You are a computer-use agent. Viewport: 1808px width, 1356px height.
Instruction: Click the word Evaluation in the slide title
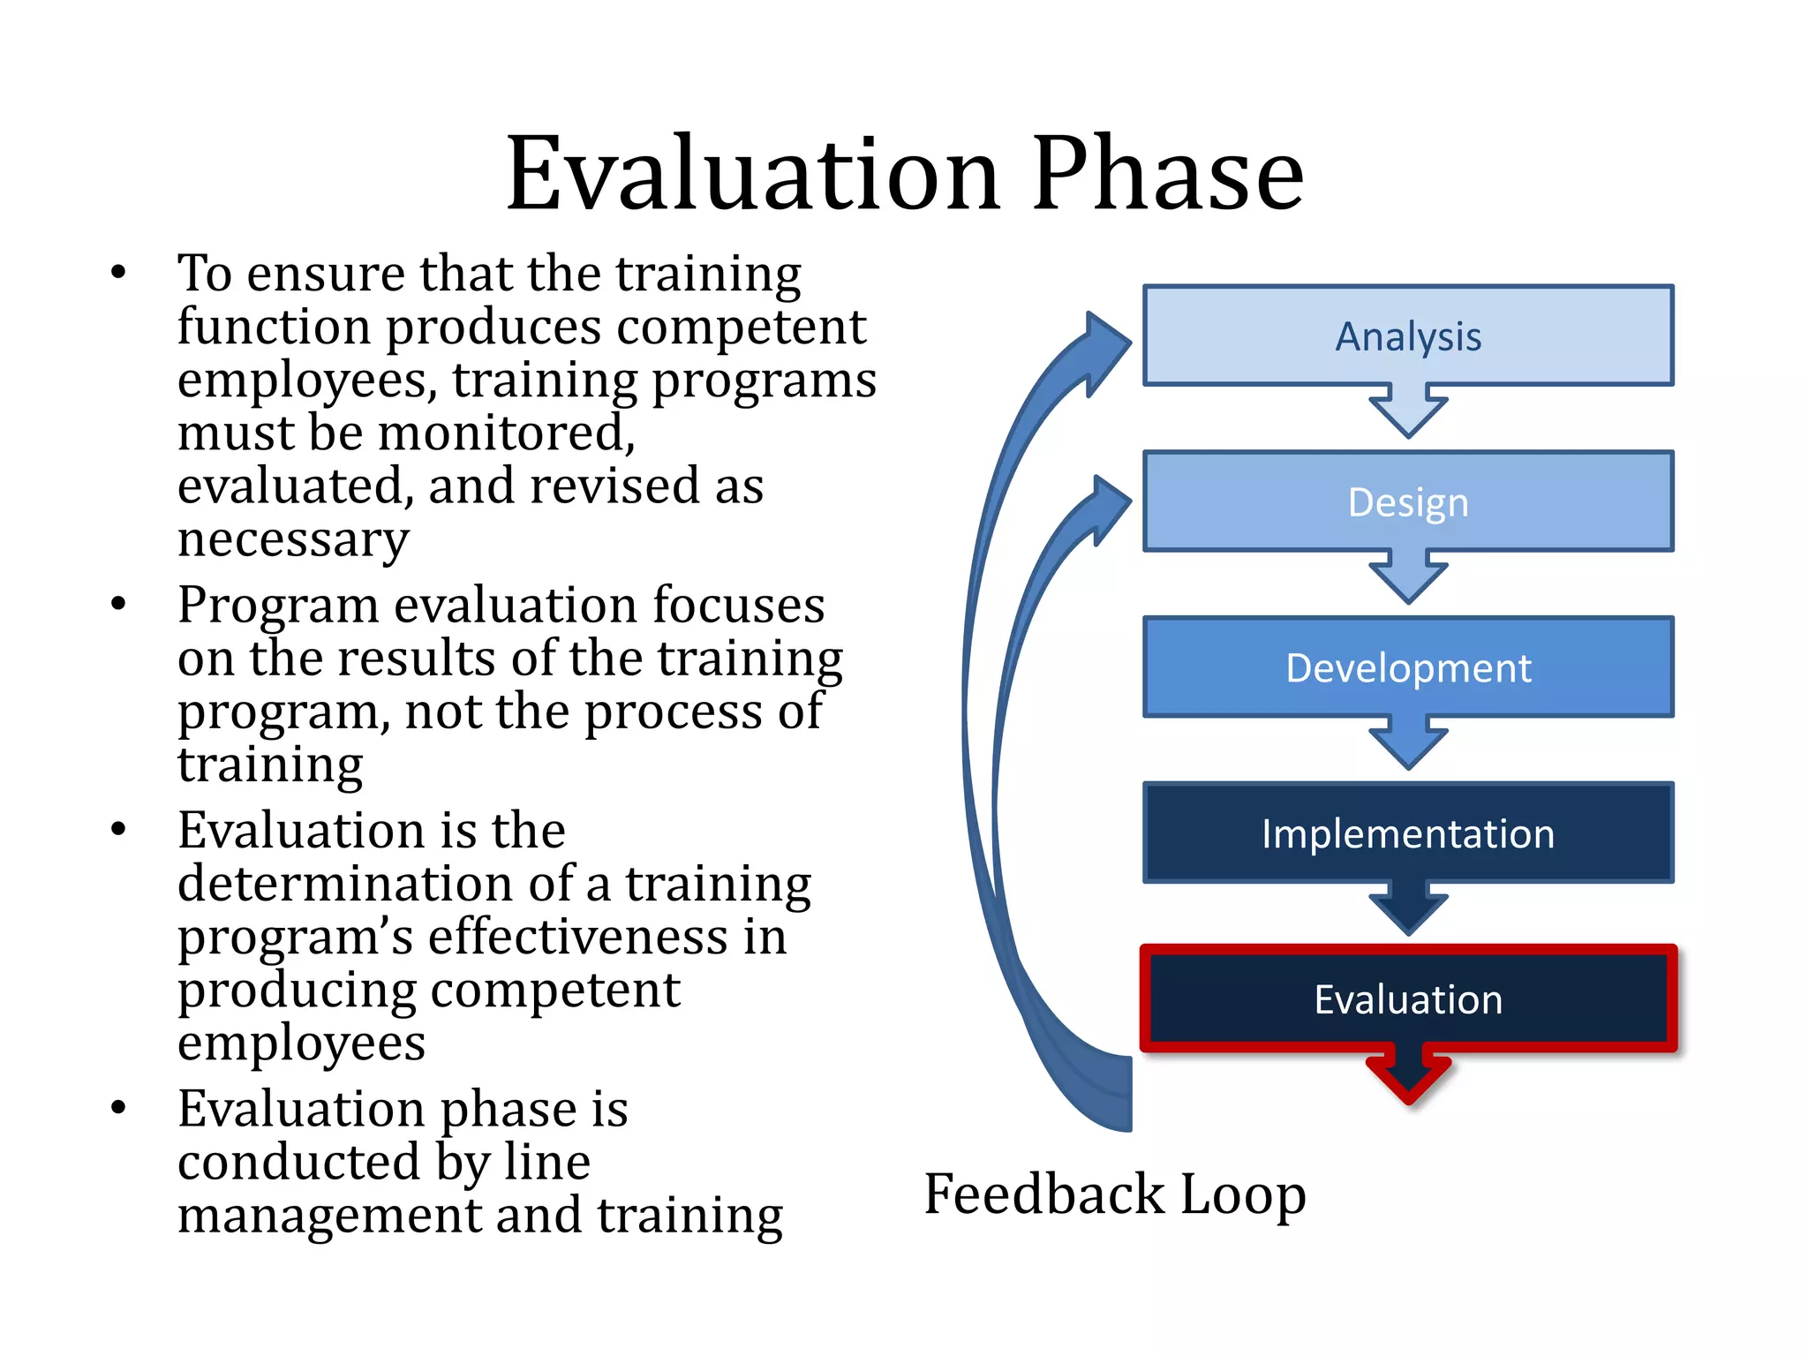pyautogui.click(x=752, y=174)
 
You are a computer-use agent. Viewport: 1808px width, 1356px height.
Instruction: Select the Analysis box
pyautogui.click(x=1407, y=336)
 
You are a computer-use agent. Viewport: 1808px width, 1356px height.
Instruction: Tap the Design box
pyautogui.click(x=1407, y=501)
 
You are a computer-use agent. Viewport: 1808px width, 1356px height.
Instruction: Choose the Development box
pyautogui.click(x=1407, y=667)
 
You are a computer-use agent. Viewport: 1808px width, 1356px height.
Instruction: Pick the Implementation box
pyautogui.click(x=1407, y=833)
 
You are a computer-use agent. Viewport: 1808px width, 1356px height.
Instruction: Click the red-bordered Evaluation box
pyautogui.click(x=1407, y=999)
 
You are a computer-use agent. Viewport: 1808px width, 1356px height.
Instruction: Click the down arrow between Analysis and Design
pyautogui.click(x=1408, y=411)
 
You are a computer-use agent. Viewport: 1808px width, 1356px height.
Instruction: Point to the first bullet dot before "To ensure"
pyautogui.click(x=118, y=272)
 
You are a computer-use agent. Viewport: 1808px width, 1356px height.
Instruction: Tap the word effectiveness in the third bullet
pyautogui.click(x=607, y=938)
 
